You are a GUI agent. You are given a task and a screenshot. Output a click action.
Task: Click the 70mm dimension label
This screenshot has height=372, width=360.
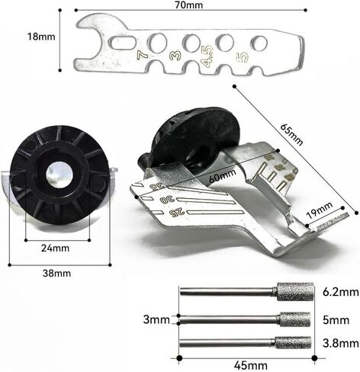(x=189, y=5)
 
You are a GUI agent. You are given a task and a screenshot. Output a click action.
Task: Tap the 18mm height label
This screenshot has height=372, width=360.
(x=41, y=37)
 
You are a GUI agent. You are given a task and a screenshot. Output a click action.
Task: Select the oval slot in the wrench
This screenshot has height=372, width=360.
(x=122, y=42)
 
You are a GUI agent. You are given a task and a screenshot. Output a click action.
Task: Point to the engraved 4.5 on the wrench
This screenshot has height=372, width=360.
(x=207, y=56)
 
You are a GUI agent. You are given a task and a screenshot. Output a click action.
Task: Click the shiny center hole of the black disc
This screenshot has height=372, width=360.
(x=59, y=175)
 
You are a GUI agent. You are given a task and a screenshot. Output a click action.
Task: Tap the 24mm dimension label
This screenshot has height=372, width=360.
(x=55, y=248)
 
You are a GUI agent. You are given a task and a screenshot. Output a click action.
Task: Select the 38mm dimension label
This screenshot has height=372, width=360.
(x=56, y=274)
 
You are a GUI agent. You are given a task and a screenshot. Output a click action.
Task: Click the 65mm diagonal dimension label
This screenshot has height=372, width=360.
(x=291, y=134)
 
